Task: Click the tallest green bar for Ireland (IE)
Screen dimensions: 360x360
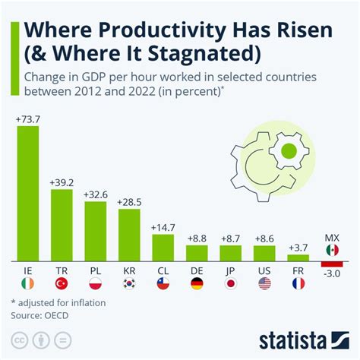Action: [27, 193]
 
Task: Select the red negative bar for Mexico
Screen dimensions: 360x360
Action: [332, 263]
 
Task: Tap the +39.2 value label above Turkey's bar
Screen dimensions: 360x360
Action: [62, 182]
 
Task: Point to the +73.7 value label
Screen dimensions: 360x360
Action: [27, 119]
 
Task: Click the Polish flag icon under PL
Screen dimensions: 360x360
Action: [95, 283]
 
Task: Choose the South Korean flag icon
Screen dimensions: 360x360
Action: [129, 283]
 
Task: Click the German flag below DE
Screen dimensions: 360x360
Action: [197, 283]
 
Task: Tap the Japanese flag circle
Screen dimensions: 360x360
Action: [230, 283]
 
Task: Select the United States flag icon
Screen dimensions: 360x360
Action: [264, 283]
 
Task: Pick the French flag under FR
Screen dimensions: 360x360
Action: [298, 283]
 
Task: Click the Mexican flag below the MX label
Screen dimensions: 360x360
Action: [332, 250]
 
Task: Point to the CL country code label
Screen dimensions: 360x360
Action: [163, 269]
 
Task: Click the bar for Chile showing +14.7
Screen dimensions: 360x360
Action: [163, 247]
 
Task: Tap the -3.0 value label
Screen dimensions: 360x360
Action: [332, 275]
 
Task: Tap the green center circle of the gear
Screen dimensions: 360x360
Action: [289, 150]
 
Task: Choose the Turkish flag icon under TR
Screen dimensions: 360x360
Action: [62, 283]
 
